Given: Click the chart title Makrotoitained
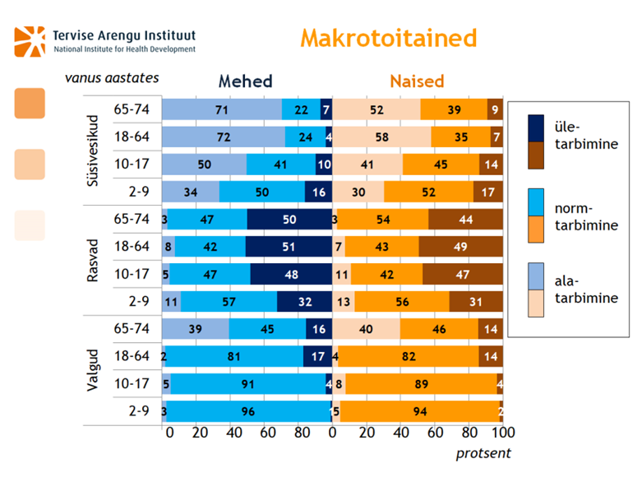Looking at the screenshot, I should (388, 38).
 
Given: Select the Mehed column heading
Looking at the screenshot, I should (245, 81).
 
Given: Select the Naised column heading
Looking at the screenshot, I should (416, 81).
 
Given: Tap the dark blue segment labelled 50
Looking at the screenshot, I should (289, 219).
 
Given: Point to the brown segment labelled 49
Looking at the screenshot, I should (461, 246).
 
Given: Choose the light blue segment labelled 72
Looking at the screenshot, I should (223, 137).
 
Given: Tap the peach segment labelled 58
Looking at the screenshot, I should (381, 137).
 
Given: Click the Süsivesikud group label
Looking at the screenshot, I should (95, 151).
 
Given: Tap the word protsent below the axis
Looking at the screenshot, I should (484, 453).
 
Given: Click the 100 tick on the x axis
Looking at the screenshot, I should (501, 432).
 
